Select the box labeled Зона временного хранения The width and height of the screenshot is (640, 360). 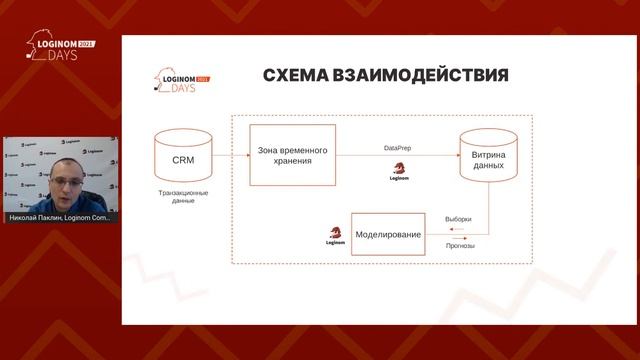pos(292,154)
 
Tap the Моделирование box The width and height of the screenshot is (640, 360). pos(388,233)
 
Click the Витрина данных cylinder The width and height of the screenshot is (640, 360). pos(488,156)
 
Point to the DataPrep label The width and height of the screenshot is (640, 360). pos(397,147)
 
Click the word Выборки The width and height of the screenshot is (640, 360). pos(457,219)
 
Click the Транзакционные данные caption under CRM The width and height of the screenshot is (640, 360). pos(183,195)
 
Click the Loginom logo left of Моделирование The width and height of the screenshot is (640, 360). pos(335,236)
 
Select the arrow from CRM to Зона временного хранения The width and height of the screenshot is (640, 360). pos(230,155)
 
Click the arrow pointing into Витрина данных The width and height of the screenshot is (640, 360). pos(440,155)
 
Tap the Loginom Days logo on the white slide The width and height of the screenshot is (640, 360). pos(181,78)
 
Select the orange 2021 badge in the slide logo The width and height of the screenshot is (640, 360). pos(202,77)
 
